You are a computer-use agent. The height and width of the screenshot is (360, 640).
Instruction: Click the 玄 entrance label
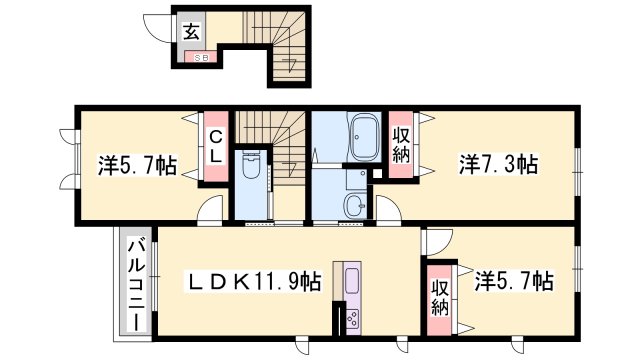point(189,30)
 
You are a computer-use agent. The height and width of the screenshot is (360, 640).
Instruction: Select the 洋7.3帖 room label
point(499,163)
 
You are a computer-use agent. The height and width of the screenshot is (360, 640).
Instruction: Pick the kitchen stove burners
point(352,318)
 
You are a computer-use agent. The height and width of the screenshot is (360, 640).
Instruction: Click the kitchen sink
point(352,277)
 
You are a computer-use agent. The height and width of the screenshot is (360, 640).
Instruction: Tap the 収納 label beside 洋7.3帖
point(401,144)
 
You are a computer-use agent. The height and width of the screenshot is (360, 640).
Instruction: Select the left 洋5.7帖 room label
point(137,164)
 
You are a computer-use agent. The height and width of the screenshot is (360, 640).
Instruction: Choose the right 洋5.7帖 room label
point(513,282)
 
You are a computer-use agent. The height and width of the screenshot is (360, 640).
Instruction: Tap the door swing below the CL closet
point(210,209)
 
